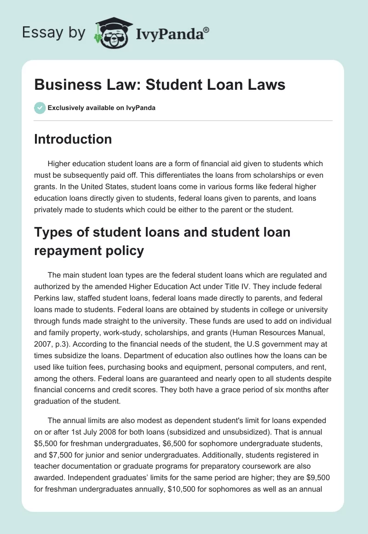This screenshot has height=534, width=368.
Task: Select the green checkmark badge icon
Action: pos(40,108)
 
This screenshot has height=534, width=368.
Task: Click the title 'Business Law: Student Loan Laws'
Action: pos(160,85)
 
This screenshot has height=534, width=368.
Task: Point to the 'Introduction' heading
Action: pos(73,139)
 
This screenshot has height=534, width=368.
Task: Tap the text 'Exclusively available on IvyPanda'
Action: pos(102,108)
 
